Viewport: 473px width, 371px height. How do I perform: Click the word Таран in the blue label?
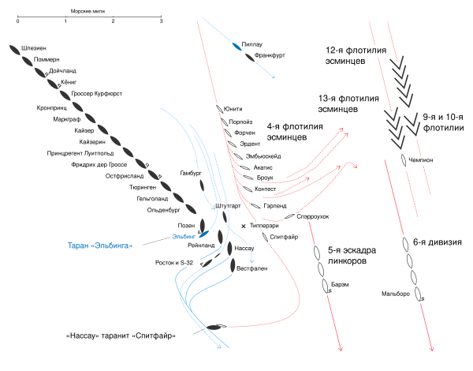[78, 245]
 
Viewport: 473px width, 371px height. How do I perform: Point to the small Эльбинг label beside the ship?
[183, 237]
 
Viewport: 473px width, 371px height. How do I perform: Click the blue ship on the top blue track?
[236, 47]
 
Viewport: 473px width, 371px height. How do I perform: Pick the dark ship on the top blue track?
[250, 57]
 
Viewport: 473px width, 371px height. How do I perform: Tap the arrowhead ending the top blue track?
[273, 77]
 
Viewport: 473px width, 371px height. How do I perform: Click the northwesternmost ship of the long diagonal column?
[14, 49]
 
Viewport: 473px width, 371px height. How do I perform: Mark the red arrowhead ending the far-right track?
[432, 349]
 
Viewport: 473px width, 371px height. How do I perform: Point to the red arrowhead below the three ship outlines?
[340, 349]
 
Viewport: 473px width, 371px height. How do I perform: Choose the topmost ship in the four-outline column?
[405, 244]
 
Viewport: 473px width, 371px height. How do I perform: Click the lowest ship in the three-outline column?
[325, 285]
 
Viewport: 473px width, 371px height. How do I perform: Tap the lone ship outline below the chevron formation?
[404, 159]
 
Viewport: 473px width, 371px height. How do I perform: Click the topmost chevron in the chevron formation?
[399, 62]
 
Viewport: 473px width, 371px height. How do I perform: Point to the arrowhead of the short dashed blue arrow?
[251, 261]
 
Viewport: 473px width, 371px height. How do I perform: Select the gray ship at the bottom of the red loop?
[216, 326]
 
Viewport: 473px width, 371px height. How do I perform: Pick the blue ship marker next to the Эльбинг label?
[203, 234]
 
